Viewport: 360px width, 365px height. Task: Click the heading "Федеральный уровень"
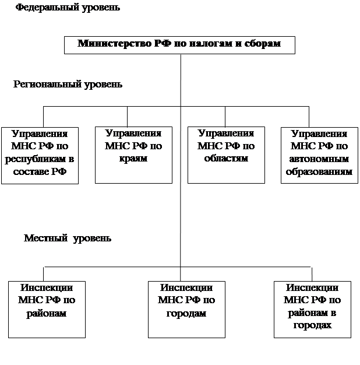click(68, 8)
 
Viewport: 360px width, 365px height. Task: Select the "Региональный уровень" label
click(68, 85)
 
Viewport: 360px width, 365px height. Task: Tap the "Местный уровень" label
click(68, 238)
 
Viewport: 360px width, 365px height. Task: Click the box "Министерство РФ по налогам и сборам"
click(179, 45)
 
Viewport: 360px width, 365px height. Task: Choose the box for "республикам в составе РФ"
click(40, 156)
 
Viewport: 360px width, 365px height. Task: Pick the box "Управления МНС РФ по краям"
click(133, 155)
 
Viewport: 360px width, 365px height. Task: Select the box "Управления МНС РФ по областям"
click(226, 155)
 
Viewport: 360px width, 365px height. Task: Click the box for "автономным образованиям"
click(319, 155)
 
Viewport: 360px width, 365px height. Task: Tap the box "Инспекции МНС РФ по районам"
click(47, 310)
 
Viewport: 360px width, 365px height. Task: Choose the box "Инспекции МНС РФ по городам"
click(186, 310)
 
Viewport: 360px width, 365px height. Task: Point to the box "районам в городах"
click(312, 310)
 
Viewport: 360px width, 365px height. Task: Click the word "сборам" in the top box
click(263, 44)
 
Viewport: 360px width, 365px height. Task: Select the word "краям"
click(133, 159)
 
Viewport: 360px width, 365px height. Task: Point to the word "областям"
click(226, 158)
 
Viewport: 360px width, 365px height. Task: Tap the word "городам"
click(186, 313)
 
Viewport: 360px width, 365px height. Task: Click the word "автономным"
click(319, 159)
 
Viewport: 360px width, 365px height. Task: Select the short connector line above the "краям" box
click(127, 117)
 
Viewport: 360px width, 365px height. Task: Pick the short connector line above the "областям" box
click(225, 117)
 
